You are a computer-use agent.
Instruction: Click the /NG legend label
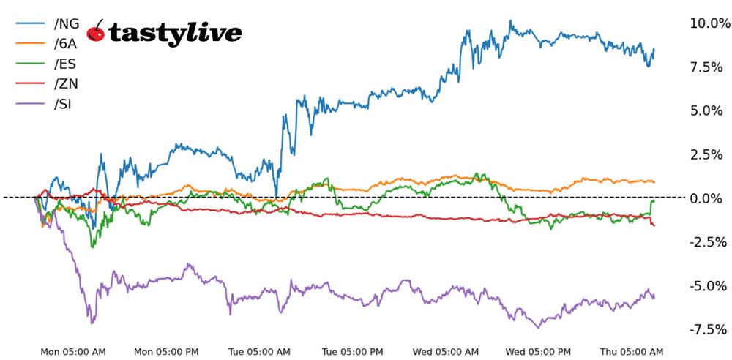click(x=67, y=23)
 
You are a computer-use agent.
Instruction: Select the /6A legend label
click(x=65, y=43)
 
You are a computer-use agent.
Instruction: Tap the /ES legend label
click(x=65, y=64)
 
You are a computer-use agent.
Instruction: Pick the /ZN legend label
click(x=66, y=83)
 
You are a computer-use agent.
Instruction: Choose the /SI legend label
click(x=63, y=103)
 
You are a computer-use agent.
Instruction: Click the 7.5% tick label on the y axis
click(x=710, y=67)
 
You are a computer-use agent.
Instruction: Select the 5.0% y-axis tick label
click(x=710, y=110)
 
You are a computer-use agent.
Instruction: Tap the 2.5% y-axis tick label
click(x=710, y=154)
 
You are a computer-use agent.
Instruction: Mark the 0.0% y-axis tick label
click(x=710, y=198)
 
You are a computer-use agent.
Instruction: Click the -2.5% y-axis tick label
click(x=708, y=242)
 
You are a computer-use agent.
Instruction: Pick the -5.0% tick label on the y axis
click(x=708, y=285)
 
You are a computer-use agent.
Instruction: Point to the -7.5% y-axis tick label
click(x=708, y=329)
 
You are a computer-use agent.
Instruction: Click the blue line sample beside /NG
click(x=30, y=23)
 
